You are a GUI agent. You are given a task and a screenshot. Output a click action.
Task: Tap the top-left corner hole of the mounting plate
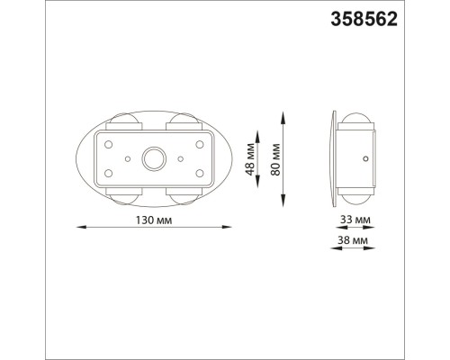109,144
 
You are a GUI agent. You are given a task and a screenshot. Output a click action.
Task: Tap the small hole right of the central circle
181,159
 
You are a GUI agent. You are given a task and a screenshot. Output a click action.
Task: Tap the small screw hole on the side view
364,159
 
